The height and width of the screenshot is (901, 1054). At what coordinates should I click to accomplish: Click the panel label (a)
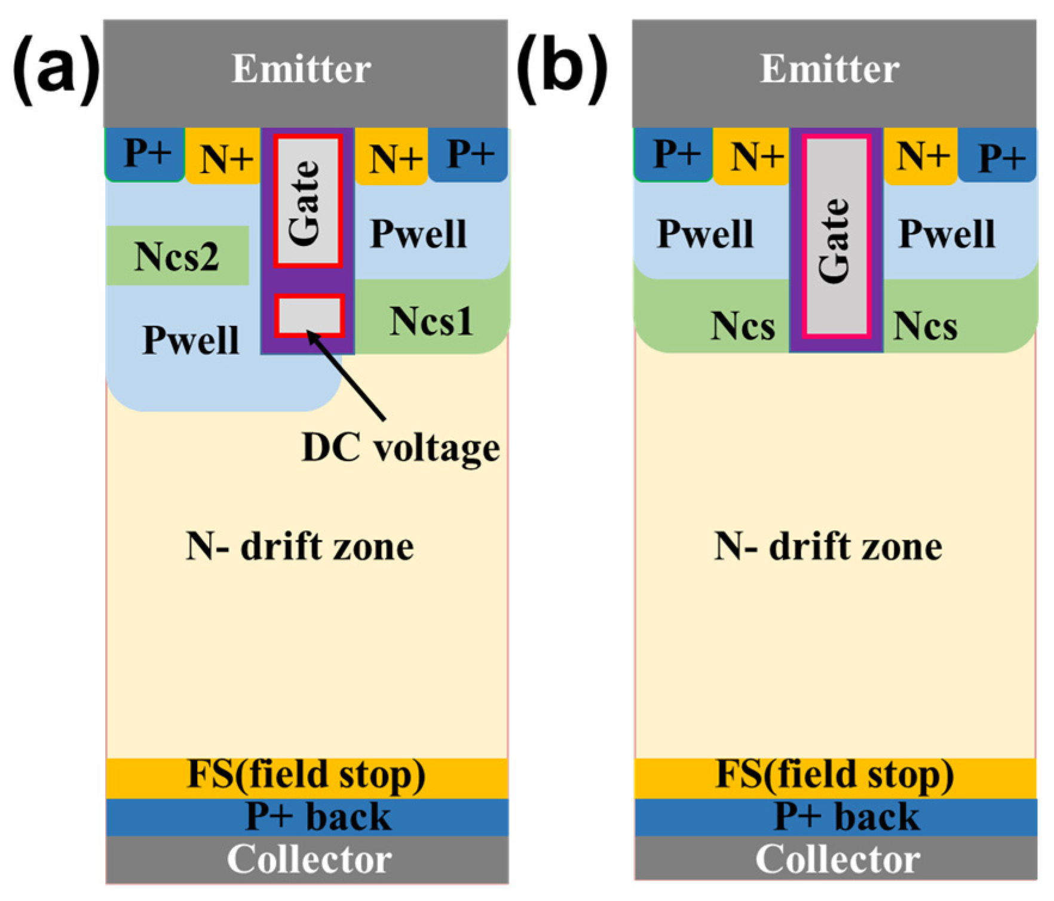point(55,70)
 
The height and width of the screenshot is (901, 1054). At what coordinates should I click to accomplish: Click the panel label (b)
point(562,70)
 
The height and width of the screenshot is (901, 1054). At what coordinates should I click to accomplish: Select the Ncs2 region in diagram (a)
point(177,256)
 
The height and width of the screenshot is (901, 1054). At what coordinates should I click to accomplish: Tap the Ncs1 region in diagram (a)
point(431,320)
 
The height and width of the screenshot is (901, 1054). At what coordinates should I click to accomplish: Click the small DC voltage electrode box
point(308,315)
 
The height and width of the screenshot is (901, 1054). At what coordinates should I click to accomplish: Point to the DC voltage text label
point(401,447)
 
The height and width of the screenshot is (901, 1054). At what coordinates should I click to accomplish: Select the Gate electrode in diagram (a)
point(308,201)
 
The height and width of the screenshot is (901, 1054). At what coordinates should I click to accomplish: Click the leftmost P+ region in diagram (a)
point(145,154)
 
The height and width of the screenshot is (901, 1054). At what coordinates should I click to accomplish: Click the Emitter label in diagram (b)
point(829,69)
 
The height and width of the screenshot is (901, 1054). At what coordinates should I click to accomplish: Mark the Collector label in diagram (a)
point(309,859)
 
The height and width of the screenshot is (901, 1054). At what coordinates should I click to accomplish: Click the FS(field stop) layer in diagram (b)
point(834,776)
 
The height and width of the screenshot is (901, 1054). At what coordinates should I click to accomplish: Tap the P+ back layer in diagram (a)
point(317,817)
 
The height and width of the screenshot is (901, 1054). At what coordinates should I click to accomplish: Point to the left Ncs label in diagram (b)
point(742,326)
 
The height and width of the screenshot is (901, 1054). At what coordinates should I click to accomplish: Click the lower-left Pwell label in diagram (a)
point(191,340)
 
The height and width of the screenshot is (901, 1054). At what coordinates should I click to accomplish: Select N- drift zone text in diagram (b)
point(828,546)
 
